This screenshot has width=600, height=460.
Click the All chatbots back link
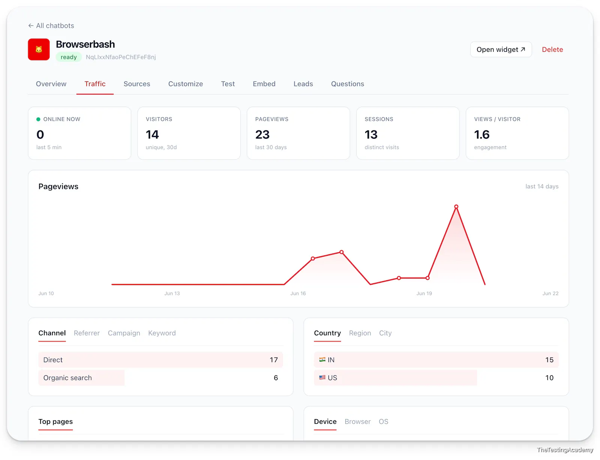[x=51, y=25]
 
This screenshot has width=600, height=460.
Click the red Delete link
[x=552, y=49]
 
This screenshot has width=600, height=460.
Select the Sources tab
[x=136, y=84]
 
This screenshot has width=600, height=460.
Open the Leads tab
[x=303, y=84]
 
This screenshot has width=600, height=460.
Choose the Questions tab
[x=347, y=84]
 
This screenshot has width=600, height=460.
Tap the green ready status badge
[x=69, y=57]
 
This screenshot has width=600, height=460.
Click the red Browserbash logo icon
[x=39, y=49]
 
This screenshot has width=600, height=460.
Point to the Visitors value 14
[x=152, y=135]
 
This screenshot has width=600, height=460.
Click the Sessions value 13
[x=371, y=135]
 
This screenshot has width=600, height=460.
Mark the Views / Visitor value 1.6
[x=481, y=135]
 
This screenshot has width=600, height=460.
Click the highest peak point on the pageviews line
[x=456, y=207]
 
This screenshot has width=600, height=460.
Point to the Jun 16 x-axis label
[x=298, y=293]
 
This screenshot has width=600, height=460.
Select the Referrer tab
[x=87, y=333]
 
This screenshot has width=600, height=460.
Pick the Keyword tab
[x=162, y=333]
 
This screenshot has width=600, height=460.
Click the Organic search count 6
[x=276, y=378]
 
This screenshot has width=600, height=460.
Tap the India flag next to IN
[x=322, y=359]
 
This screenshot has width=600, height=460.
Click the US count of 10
[x=549, y=378]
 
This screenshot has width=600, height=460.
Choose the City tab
[x=385, y=333]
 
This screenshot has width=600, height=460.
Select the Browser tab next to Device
[x=358, y=421]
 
